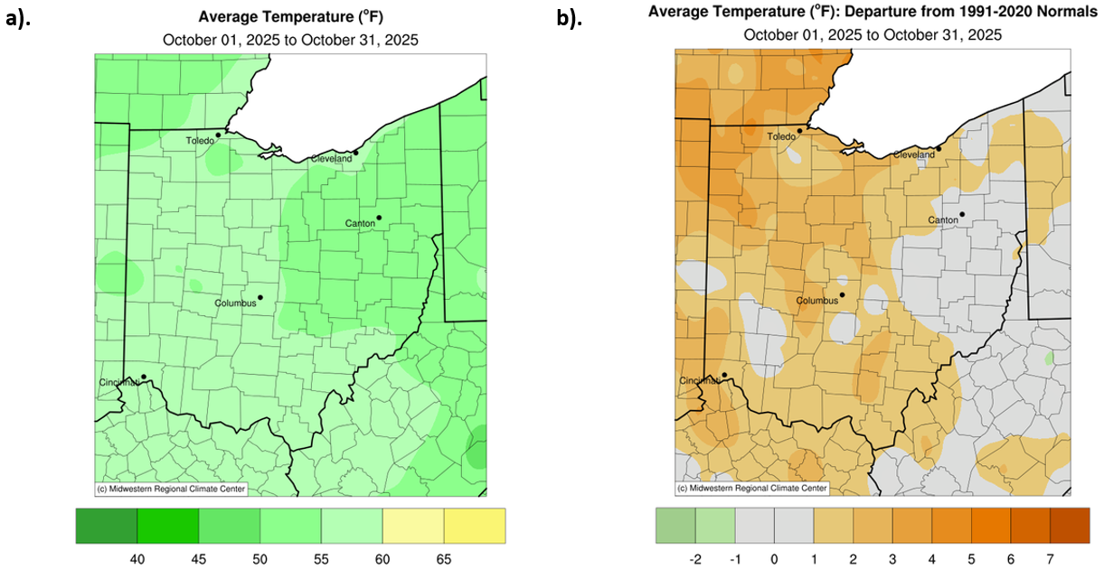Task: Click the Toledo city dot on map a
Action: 219,135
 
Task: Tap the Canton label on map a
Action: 360,223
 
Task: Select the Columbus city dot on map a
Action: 259,297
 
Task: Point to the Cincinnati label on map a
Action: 118,383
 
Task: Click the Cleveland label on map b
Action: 913,154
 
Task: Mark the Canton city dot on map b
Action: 962,214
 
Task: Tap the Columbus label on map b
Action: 817,301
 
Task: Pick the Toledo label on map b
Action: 781,136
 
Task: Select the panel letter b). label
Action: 569,19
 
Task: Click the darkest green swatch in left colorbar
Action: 107,525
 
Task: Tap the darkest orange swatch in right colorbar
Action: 1071,525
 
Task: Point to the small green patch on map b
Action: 1049,358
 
